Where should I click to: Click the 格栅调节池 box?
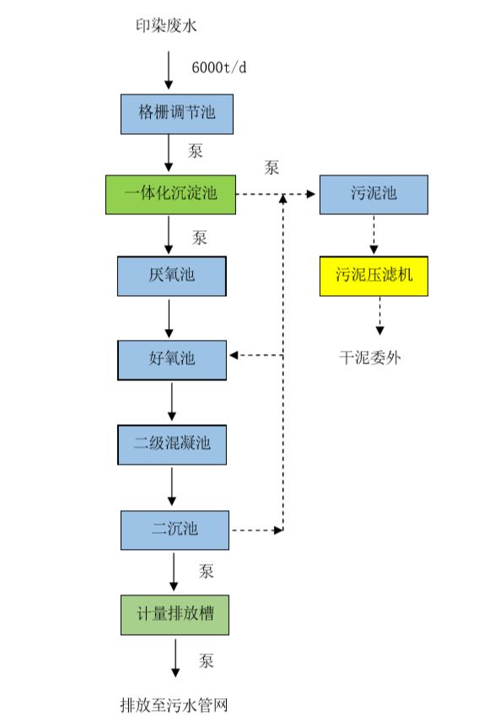click(x=175, y=114)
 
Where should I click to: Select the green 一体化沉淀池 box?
click(x=170, y=194)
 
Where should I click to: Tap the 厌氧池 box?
click(x=172, y=276)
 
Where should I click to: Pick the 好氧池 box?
click(x=172, y=358)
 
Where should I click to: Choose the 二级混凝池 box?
click(x=172, y=444)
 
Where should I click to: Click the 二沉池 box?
click(x=175, y=530)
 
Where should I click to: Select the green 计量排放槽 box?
click(x=175, y=615)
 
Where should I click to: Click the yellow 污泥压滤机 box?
click(x=374, y=276)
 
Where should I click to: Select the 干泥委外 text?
click(x=370, y=357)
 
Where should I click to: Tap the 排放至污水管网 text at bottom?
click(x=175, y=704)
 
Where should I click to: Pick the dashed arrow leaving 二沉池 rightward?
click(x=256, y=530)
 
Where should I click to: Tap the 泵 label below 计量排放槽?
click(x=206, y=659)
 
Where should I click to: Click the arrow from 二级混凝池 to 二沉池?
click(x=172, y=487)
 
